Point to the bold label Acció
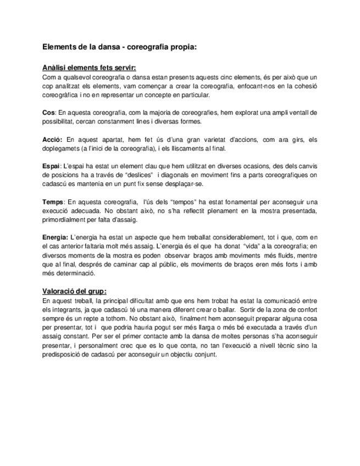(x=52, y=140)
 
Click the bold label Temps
(x=53, y=202)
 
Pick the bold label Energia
(x=55, y=237)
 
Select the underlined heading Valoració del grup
(x=74, y=291)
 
